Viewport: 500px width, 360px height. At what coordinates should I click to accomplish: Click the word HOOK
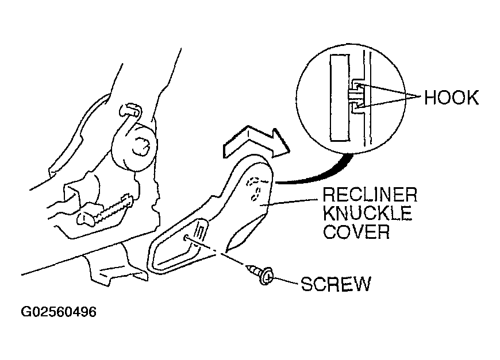point(451,98)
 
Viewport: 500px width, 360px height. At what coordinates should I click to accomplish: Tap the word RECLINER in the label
point(370,195)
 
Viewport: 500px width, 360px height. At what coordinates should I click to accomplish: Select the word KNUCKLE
point(367,213)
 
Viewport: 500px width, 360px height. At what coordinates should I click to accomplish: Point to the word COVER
point(356,231)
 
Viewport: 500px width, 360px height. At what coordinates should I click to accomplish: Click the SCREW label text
point(336,284)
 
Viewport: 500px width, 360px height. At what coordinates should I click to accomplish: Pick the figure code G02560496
point(59,312)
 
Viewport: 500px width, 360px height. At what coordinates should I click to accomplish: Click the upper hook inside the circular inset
point(357,86)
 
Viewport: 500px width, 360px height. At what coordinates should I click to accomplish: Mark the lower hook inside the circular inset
point(357,108)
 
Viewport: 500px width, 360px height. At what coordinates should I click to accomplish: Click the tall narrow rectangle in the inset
point(340,98)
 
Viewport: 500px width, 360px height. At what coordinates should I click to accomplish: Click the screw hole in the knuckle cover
point(186,238)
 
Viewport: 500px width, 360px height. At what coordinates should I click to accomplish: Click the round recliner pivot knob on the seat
point(134,147)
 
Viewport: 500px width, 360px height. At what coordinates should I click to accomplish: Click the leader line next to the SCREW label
point(285,280)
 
